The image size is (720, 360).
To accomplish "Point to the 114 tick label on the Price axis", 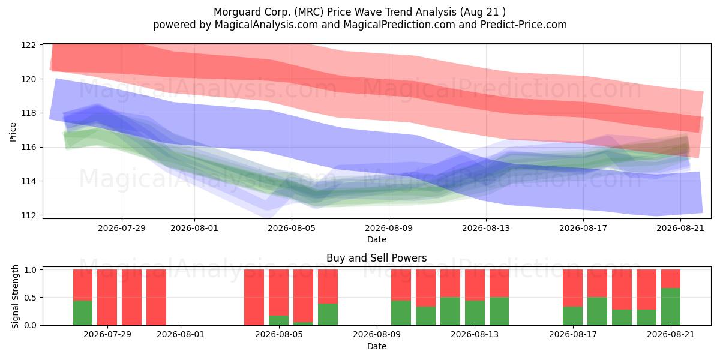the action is pyautogui.click(x=28, y=181).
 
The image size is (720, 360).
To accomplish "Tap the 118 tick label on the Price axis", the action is pyautogui.click(x=28, y=113).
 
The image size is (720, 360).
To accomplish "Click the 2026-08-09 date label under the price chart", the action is pyautogui.click(x=389, y=228).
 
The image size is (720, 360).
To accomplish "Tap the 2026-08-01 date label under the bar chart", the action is pyautogui.click(x=181, y=335).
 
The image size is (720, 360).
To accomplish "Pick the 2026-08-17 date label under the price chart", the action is pyautogui.click(x=583, y=228).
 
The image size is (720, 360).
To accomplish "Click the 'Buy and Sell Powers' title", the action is pyautogui.click(x=376, y=258).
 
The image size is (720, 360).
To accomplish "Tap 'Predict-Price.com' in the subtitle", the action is pyautogui.click(x=524, y=25).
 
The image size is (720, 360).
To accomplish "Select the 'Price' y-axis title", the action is pyautogui.click(x=13, y=132).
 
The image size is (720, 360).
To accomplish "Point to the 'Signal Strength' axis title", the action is pyautogui.click(x=15, y=296).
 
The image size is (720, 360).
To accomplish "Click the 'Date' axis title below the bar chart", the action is pyautogui.click(x=376, y=347).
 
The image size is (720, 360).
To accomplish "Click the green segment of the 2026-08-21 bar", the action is pyautogui.click(x=671, y=307).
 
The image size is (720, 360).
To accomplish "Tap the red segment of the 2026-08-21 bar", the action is pyautogui.click(x=671, y=279).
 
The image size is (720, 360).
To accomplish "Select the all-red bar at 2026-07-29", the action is pyautogui.click(x=107, y=298).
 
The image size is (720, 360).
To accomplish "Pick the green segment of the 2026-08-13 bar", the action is pyautogui.click(x=475, y=313).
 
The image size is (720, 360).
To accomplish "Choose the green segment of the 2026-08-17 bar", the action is pyautogui.click(x=572, y=316).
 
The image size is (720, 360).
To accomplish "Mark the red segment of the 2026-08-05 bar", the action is pyautogui.click(x=278, y=293).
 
